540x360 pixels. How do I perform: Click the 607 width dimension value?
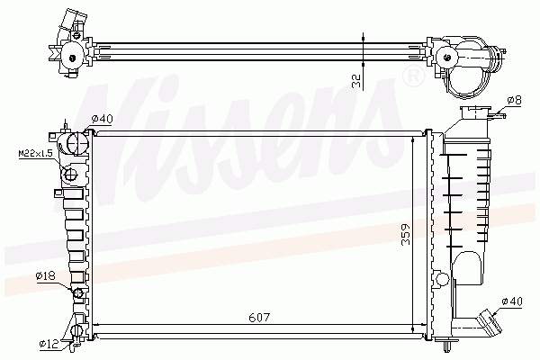click(259, 318)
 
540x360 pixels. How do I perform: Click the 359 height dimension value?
click(406, 234)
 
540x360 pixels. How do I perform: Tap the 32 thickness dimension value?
click(356, 81)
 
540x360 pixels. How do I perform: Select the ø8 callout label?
click(515, 100)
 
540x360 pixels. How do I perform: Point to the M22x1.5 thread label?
click(35, 153)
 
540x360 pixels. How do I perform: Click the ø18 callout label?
click(46, 276)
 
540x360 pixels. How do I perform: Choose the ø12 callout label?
click(49, 343)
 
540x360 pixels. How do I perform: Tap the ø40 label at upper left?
click(102, 119)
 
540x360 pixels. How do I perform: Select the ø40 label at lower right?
click(512, 301)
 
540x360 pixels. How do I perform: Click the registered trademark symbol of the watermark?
click(413, 76)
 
